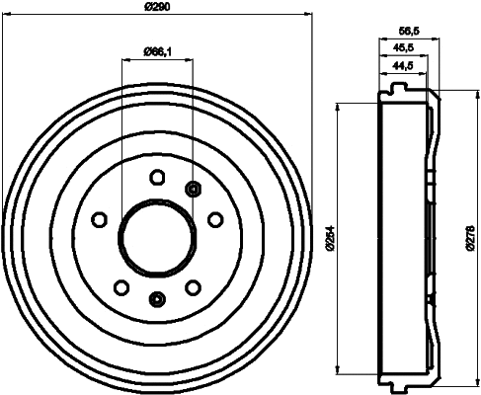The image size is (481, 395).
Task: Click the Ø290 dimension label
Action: (x=158, y=8)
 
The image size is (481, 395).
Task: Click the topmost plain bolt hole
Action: (x=156, y=178)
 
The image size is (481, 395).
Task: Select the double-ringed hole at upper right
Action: (x=193, y=189)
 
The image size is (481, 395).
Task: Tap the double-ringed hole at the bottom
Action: (x=156, y=299)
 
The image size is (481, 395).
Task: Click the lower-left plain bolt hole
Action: (x=120, y=286)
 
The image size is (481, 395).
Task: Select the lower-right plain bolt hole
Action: (x=193, y=286)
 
